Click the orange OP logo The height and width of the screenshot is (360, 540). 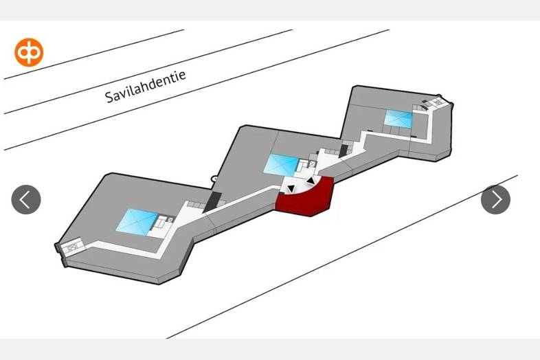(x=29, y=52)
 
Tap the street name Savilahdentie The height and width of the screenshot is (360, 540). (x=146, y=87)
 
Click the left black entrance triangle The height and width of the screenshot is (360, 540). (x=291, y=188)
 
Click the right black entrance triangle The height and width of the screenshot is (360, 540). (x=311, y=181)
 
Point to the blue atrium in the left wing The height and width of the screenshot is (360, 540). (x=137, y=222)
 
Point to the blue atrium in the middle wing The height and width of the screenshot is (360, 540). (x=282, y=165)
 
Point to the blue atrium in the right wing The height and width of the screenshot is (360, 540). (x=398, y=119)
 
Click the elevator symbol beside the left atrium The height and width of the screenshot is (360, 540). (x=171, y=219)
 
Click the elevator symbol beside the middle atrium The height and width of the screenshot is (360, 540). (x=312, y=164)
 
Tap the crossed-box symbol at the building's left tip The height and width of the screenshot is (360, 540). (x=73, y=247)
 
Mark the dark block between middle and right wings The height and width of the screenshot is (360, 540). (x=344, y=151)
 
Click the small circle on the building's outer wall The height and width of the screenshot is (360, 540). (x=214, y=179)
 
